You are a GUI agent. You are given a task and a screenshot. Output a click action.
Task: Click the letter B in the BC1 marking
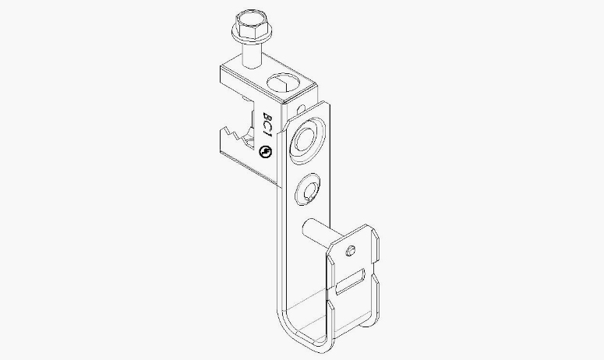[267, 116]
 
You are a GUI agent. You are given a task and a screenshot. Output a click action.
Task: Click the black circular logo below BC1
[265, 152]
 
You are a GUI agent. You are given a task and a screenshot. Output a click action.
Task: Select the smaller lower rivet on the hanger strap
[308, 189]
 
